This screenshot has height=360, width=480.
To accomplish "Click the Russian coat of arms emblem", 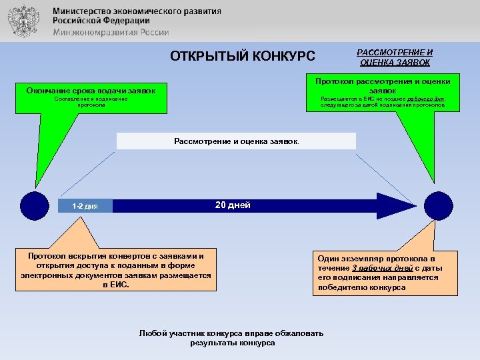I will tap(23, 21).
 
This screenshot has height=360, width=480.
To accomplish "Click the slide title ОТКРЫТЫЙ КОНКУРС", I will tap(243, 55).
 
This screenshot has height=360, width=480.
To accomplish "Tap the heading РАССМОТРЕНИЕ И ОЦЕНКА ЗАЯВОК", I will tap(395, 57).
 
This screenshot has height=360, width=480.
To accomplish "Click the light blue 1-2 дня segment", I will tap(85, 206).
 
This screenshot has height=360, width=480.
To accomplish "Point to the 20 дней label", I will tap(233, 205).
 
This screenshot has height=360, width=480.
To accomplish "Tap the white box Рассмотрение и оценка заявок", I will tap(236, 141).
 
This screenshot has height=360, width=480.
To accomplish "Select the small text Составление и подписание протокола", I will tap(91, 101).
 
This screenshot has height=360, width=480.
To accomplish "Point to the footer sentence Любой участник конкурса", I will tap(232, 337).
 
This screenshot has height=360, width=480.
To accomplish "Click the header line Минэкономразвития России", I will tap(111, 32).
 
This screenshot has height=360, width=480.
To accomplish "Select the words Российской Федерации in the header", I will tap(101, 21).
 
